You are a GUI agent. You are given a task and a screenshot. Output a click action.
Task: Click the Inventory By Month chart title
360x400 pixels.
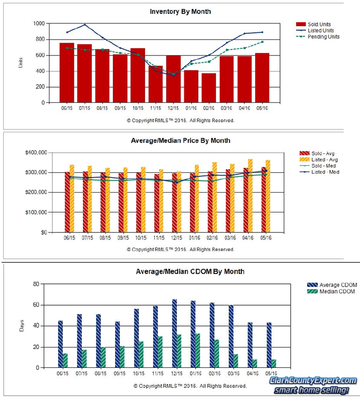point(180,11)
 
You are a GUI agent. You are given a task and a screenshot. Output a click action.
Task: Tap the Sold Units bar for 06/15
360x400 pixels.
point(67,73)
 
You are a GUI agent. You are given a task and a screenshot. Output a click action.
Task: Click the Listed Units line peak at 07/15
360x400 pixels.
point(85,24)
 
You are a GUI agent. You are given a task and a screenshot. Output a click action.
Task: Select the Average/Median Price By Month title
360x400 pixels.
point(180,140)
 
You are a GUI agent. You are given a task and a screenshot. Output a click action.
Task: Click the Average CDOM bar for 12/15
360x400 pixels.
point(175,334)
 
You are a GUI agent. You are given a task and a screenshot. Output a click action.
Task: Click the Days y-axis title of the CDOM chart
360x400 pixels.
point(21,326)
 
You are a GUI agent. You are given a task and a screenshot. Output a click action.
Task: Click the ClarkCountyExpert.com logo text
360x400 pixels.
point(313,381)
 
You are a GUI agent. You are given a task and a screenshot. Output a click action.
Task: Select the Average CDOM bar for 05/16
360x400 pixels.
point(269,345)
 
